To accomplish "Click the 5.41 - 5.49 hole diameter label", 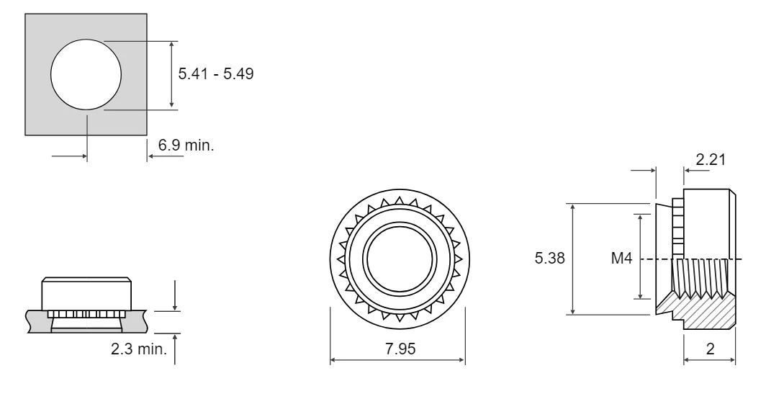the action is point(216,74).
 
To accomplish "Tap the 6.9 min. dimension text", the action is point(186,145).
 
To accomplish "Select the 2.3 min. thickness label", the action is point(139,349).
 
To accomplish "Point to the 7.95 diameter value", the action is point(400,349).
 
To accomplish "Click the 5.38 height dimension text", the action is point(549,258).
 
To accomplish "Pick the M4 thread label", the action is point(621,258).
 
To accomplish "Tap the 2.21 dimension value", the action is point(711,159).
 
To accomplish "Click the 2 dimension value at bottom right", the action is point(711,349).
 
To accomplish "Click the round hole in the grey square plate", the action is point(86,74).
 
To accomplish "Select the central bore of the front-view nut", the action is point(400,258).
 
